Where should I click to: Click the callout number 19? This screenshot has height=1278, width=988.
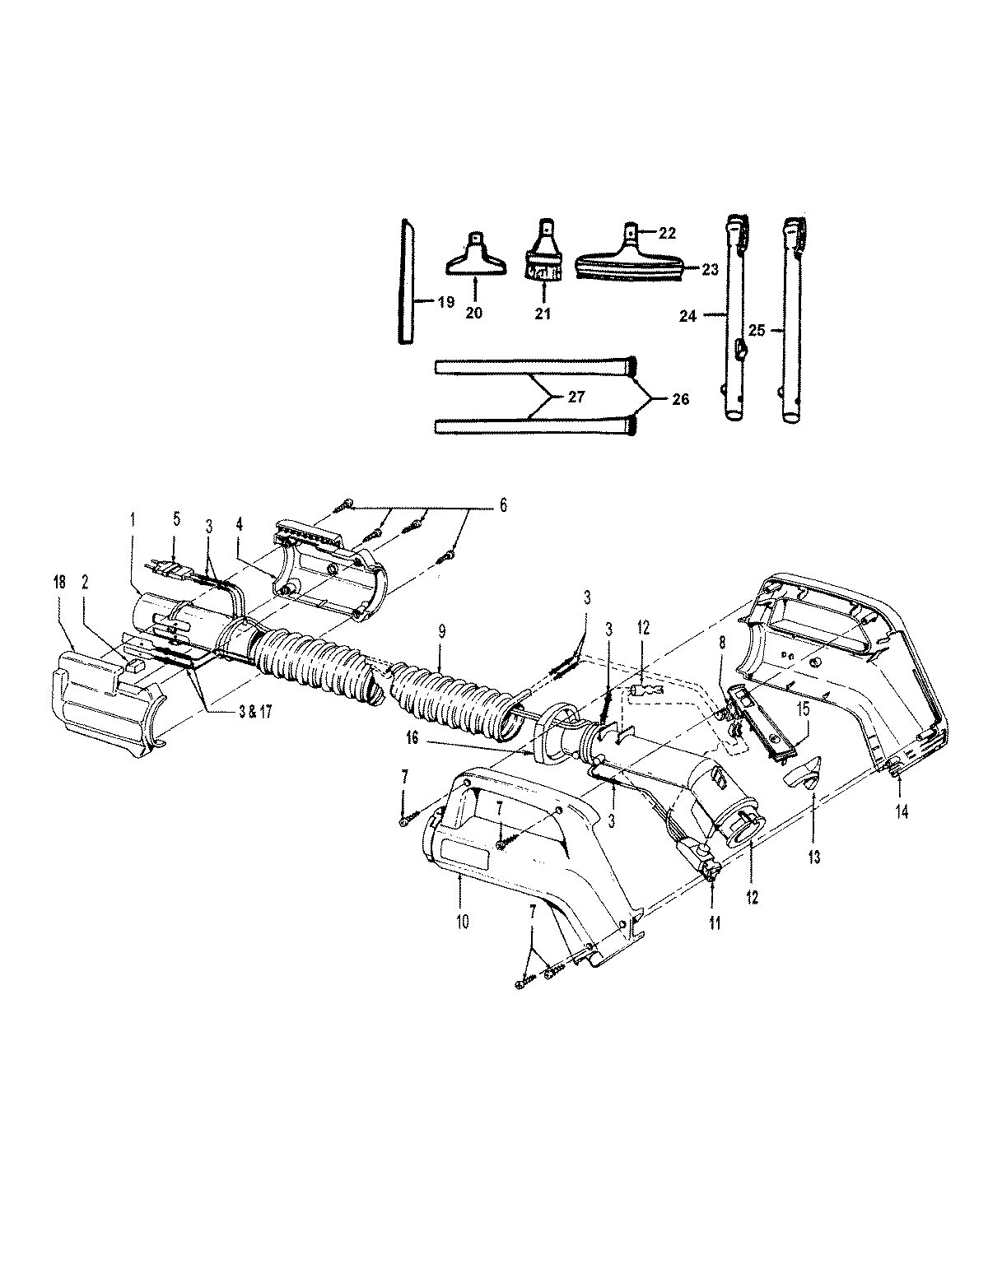(x=446, y=302)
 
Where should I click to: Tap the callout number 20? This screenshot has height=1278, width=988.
(x=473, y=313)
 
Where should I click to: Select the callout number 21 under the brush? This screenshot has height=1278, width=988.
(x=543, y=314)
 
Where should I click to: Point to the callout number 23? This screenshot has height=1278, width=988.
(x=711, y=269)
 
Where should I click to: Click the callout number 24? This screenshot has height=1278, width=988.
(x=687, y=316)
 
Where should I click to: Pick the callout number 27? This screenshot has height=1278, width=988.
(x=576, y=397)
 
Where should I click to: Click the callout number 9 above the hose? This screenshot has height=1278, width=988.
(x=442, y=632)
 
